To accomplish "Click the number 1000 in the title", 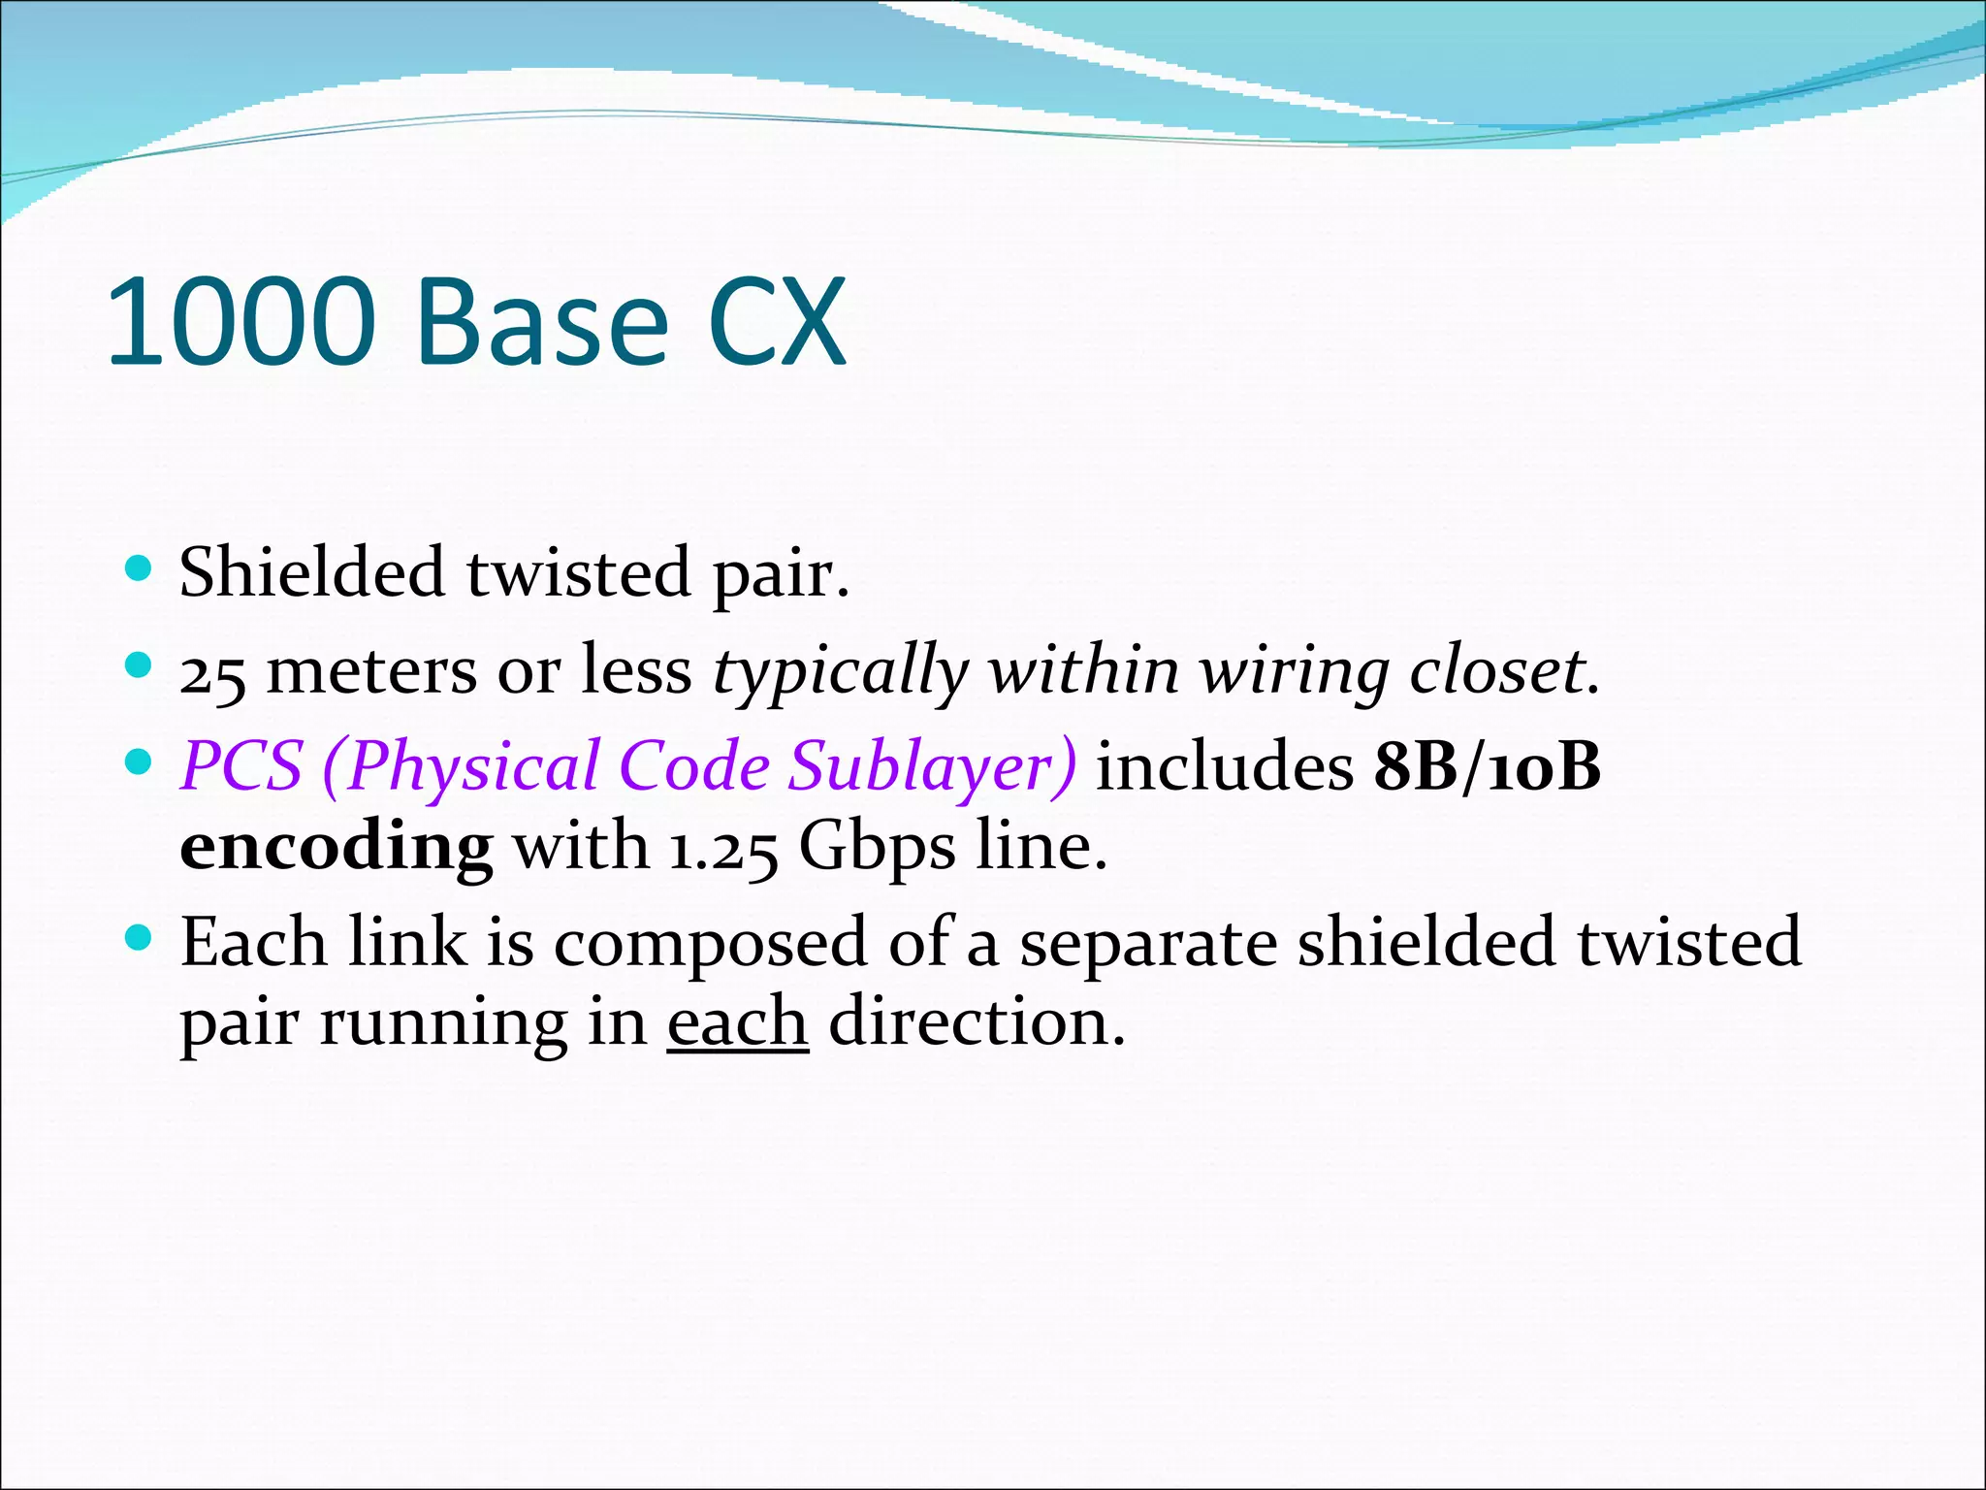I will (x=240, y=322).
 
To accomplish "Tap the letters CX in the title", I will (x=778, y=322).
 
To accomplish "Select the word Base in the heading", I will (x=542, y=322).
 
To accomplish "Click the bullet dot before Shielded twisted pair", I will (x=141, y=568).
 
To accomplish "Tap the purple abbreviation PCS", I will (x=241, y=766).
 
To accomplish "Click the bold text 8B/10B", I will (x=1487, y=766).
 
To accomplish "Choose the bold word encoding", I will (x=336, y=848).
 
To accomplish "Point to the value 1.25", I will (x=723, y=848).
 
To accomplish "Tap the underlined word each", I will (x=737, y=1022).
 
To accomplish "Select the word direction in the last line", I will (x=976, y=1022).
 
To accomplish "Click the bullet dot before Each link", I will (x=141, y=938).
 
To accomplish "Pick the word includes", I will (x=1224, y=766).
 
